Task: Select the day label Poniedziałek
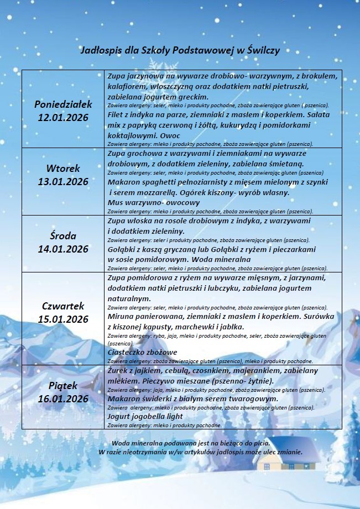(x=63, y=104)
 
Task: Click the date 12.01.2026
(x=63, y=117)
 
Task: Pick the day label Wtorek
(x=63, y=168)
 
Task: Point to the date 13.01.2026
(x=63, y=182)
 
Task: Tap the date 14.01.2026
(x=63, y=249)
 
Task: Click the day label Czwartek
(x=63, y=306)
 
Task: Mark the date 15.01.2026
(x=63, y=319)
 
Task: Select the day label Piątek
(x=63, y=385)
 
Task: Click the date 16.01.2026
(x=63, y=398)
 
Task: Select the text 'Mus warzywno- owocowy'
(x=153, y=203)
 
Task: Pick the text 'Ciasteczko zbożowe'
(x=142, y=353)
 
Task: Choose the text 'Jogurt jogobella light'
(x=145, y=416)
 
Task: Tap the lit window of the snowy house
(x=267, y=466)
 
